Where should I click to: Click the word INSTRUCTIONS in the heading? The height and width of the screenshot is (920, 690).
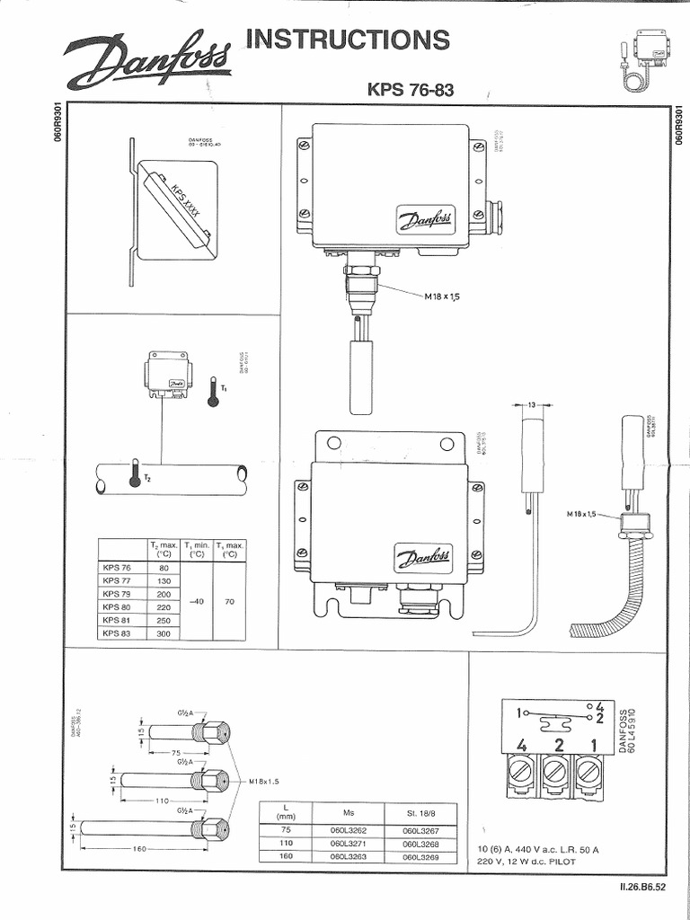point(350,40)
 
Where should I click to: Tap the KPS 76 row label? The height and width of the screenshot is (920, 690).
point(117,568)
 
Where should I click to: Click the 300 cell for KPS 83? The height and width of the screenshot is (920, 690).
point(164,632)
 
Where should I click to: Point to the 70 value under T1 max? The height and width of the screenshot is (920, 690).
point(229,601)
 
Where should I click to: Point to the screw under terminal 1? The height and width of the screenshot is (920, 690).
point(588,771)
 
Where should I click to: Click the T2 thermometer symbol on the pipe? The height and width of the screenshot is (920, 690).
point(135,473)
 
